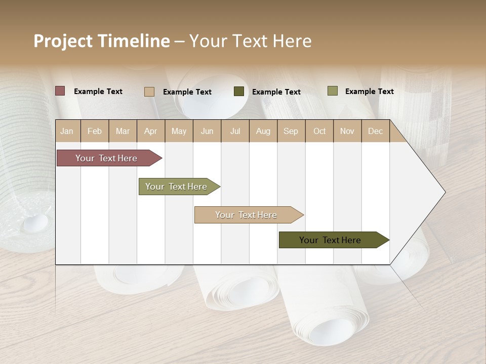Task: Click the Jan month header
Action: tap(67, 131)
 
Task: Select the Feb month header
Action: tap(95, 131)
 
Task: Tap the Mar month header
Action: tap(123, 131)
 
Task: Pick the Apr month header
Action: tap(151, 131)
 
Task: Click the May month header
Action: tap(179, 131)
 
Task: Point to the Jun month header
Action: tap(207, 131)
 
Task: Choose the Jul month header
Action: tap(235, 131)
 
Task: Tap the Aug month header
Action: tap(263, 131)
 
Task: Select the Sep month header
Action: tap(291, 131)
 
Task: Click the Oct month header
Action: tap(319, 131)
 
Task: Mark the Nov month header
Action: tap(347, 131)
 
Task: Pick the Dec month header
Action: tap(376, 131)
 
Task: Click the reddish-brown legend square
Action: tap(60, 91)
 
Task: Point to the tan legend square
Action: tap(149, 92)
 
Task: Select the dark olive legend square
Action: tap(239, 92)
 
